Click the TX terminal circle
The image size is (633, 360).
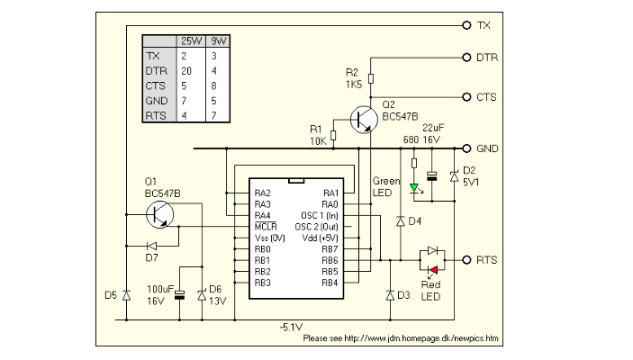pos(466,25)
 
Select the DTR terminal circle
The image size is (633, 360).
pos(466,58)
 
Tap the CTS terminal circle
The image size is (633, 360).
pos(466,96)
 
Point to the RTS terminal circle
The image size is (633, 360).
pos(466,260)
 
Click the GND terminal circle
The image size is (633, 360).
pos(466,148)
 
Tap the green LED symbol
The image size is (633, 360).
pos(414,188)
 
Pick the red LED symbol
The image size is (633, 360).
pos(433,268)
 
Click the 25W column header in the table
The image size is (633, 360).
pos(191,41)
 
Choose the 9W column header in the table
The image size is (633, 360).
pos(217,41)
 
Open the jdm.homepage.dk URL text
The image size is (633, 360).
pos(401,339)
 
